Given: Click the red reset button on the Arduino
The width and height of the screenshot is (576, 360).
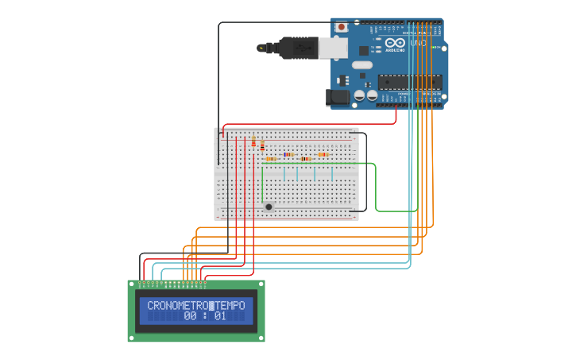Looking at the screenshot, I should coord(342,27).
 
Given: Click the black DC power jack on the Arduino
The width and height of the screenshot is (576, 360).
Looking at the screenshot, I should coord(338,98).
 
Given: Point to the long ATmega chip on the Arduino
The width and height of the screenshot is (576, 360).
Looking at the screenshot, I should coord(410,81).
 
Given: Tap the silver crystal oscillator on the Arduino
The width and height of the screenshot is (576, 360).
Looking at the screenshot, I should coord(361,64).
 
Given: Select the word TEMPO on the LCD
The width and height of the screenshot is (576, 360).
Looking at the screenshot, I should coord(231,305).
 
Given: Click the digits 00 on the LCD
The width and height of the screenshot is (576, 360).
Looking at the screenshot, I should coord(191,316).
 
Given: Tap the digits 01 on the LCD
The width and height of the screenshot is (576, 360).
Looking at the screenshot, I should coord(220,316).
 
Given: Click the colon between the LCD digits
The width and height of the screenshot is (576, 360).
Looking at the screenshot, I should coord(205,316).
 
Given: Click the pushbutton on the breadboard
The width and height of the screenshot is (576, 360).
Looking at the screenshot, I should coord(269,207).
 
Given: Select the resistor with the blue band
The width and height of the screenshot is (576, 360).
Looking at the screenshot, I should coord(288,154).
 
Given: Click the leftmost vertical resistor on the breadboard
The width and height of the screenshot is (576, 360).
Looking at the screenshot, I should coord(253,142).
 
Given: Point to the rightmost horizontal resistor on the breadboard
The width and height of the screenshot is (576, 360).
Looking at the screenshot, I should coord(323,154).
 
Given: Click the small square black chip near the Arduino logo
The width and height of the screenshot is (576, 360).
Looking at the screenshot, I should coord(343,79).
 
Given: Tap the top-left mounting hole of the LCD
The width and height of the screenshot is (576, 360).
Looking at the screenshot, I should coord(132,284).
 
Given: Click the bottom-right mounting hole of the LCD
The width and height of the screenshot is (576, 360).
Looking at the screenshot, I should coord(261,339).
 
